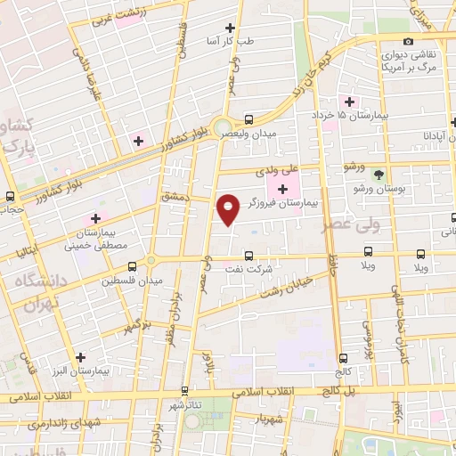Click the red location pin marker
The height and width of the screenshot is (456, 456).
pyautogui.click(x=229, y=209)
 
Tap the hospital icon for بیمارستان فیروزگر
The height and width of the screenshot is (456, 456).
pyautogui.click(x=282, y=189)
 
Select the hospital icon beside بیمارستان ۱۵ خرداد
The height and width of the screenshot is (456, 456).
pyautogui.click(x=350, y=101)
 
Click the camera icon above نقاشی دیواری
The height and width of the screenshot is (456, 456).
pyautogui.click(x=409, y=41)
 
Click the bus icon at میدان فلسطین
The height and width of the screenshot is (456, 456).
pyautogui.click(x=132, y=265)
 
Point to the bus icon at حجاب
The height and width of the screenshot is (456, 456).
pyautogui.click(x=9, y=197)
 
